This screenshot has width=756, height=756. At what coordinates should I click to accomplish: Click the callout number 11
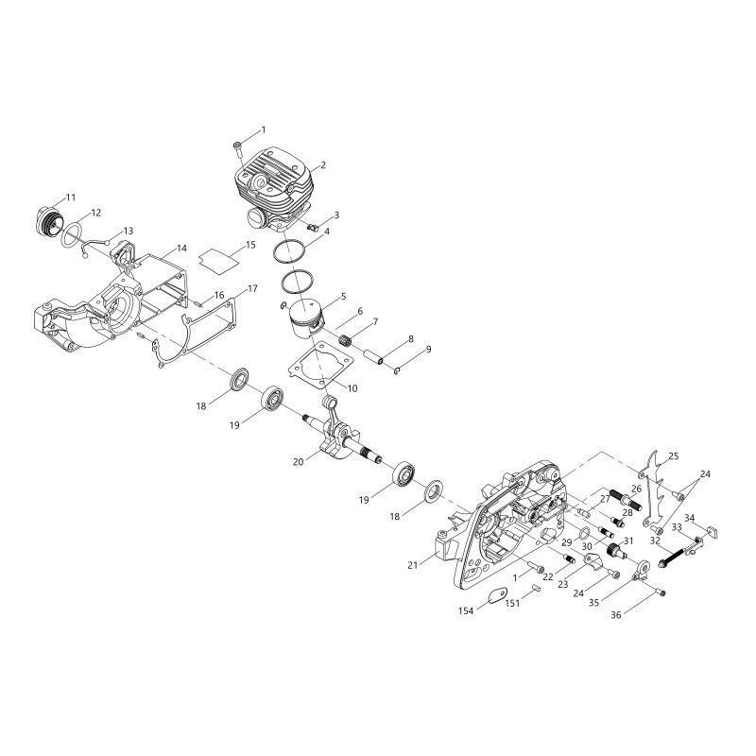(x=71, y=198)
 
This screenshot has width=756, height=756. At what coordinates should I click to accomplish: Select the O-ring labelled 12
(x=71, y=234)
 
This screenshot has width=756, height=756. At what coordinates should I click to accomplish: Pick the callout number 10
(x=352, y=388)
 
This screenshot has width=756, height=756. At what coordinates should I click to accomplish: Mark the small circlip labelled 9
(x=397, y=370)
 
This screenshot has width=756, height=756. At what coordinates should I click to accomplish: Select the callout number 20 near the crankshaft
(x=299, y=462)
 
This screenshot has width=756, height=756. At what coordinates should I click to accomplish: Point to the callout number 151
(x=512, y=603)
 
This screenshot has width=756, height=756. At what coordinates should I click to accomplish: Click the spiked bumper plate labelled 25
(x=654, y=489)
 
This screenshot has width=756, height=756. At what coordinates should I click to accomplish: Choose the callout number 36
(x=616, y=614)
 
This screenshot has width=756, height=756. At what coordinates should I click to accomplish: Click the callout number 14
(x=181, y=249)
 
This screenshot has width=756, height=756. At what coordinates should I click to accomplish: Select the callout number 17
(x=252, y=289)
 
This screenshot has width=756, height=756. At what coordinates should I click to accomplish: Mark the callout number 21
(x=413, y=565)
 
